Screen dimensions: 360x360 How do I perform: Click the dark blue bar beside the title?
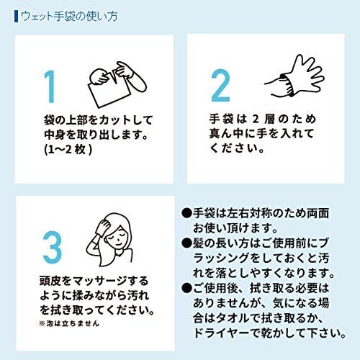click(x=16, y=17)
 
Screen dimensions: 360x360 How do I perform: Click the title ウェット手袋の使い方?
click(x=69, y=17)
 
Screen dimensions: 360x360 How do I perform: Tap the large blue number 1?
click(x=50, y=86)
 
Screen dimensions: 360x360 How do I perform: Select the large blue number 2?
click(x=220, y=86)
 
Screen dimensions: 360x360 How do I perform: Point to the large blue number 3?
click(x=53, y=248)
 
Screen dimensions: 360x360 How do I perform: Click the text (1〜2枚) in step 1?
click(x=68, y=150)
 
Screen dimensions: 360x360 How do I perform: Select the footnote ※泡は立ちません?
click(x=69, y=324)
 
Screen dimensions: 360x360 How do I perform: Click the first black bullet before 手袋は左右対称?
click(x=186, y=213)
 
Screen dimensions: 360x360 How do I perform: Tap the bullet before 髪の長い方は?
click(x=186, y=243)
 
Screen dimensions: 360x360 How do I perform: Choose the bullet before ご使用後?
click(x=186, y=288)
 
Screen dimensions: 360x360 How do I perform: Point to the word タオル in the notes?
click(x=234, y=318)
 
